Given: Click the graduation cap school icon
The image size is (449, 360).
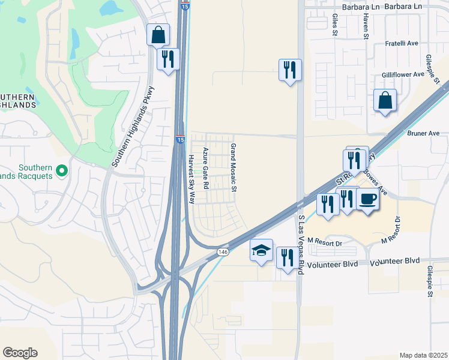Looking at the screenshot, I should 262,250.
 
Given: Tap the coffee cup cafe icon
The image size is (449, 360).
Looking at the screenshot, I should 368,199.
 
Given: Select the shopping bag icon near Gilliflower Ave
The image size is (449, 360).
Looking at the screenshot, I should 385,101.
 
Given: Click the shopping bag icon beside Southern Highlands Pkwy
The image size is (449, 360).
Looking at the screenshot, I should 158,35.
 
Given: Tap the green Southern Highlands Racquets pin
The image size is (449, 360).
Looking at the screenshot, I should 61,173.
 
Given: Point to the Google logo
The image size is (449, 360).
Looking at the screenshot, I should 20,353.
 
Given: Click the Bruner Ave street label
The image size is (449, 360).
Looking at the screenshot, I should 423,133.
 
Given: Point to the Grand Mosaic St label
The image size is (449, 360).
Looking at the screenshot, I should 234,168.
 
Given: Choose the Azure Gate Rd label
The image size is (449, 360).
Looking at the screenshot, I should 205,169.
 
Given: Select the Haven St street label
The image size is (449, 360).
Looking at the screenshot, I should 365,27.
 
